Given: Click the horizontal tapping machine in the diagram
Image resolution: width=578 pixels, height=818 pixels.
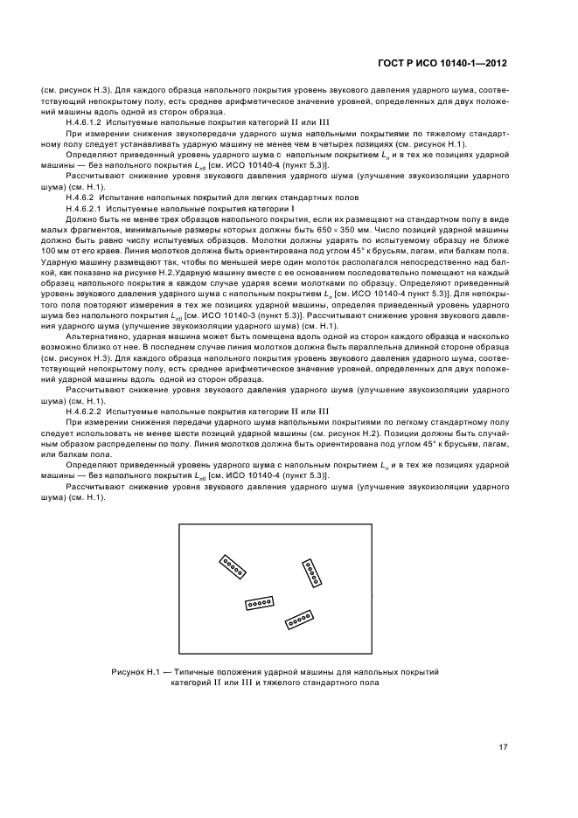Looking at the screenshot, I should click(x=260, y=603).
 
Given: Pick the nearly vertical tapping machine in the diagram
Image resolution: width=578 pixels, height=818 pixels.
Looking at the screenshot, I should click(x=311, y=572).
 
